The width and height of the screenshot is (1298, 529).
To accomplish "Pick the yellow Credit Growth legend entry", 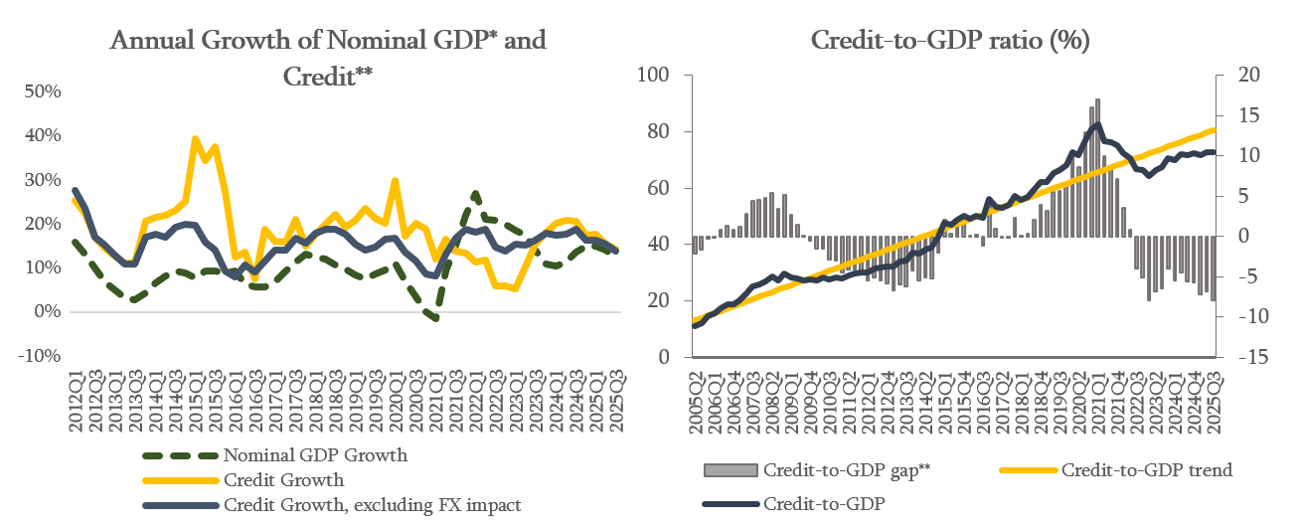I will (283, 480).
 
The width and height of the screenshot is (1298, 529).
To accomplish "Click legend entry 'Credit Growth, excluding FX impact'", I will (372, 505).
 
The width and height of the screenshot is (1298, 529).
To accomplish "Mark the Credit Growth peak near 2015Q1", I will (195, 139).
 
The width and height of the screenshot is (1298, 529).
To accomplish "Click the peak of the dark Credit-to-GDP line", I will (1096, 124).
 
